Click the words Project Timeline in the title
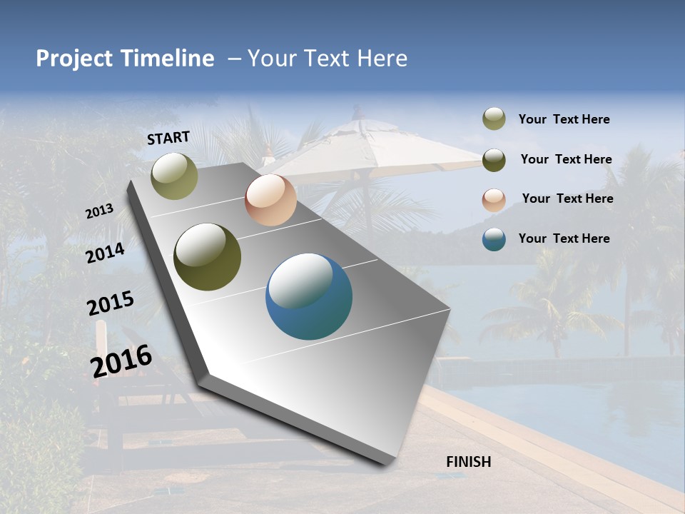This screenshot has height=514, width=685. coord(125,59)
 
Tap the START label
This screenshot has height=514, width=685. coord(168,138)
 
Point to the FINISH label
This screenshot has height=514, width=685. coord(469,462)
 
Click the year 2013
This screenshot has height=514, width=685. coord(99,211)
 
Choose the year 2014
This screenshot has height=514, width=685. coord(105,253)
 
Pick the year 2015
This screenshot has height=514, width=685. coord(111,303)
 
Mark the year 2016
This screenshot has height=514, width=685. coord(121,361)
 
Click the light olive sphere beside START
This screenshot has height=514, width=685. coord(174,176)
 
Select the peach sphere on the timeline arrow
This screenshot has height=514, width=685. coord(270,200)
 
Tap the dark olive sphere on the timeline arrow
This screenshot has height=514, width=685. coord(207,257)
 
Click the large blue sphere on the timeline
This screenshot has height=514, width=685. coord(309,296)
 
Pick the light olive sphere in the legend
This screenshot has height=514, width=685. coord(494,119)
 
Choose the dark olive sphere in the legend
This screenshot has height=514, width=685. coord(494,159)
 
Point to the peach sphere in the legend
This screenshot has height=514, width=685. coord(494,199)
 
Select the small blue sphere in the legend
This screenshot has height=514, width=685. coord(494,239)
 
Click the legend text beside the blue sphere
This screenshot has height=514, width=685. coord(564,238)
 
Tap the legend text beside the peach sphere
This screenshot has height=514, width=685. coord(567,198)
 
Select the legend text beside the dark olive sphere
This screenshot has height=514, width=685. coord(566,159)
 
